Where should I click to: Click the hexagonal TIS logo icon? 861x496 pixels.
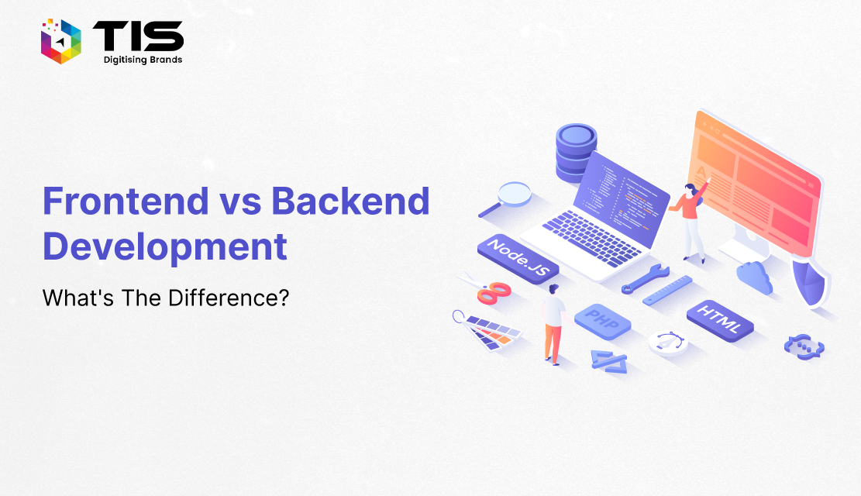pos(61,41)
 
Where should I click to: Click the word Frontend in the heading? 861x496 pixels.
pos(126,201)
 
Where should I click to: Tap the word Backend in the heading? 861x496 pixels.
pos(350,201)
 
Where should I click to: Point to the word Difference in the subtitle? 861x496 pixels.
pos(229,298)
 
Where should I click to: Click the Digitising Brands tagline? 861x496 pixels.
pos(143,60)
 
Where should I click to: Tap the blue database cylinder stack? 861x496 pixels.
pos(576,153)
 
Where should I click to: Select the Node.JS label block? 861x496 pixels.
pos(518,260)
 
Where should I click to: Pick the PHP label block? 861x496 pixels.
pos(602,321)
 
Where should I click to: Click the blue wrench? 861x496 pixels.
pos(646,278)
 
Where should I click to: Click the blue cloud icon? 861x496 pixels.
pos(755,277)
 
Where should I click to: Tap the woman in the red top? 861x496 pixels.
pos(690,219)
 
